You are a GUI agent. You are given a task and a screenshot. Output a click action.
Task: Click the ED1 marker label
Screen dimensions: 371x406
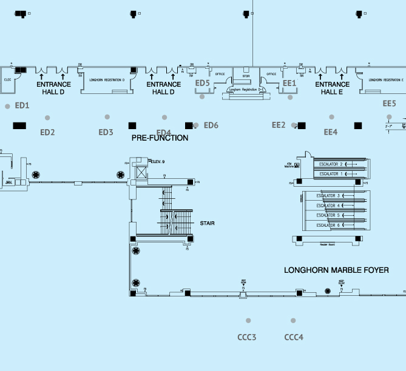[x=22, y=105]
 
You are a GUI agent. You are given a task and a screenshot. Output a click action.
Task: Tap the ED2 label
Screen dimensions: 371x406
[x=47, y=132]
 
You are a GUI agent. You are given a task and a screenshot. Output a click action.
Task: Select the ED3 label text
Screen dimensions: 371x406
[x=106, y=132]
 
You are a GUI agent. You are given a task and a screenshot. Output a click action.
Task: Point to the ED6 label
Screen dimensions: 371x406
[x=211, y=125]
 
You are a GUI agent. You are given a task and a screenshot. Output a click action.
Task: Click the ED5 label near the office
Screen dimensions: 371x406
[x=203, y=83]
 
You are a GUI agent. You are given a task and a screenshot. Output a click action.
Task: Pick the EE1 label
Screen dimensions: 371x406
[x=289, y=83]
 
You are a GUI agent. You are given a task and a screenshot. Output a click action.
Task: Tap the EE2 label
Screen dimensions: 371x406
[x=278, y=125]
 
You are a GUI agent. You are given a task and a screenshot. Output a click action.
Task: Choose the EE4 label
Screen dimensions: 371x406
[x=330, y=132]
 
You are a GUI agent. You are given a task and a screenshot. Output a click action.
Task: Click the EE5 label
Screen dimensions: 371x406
[x=389, y=104]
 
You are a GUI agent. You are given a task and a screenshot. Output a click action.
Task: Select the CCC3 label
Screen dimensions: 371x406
[x=246, y=337]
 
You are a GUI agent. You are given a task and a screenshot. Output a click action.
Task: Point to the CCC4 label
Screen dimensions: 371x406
[x=294, y=337]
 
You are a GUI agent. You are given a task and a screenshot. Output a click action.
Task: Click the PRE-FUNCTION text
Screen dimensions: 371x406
[x=160, y=138]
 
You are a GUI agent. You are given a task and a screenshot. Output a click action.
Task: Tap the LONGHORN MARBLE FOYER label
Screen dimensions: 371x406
[x=336, y=270]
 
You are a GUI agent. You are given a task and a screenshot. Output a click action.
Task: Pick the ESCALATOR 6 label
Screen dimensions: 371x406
[x=330, y=226]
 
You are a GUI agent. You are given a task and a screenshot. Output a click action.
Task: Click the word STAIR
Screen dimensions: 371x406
[x=207, y=223]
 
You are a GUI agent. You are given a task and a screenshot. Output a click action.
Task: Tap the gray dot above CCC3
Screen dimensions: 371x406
[x=248, y=321]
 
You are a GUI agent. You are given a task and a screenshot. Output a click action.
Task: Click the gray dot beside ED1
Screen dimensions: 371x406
[x=7, y=106]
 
